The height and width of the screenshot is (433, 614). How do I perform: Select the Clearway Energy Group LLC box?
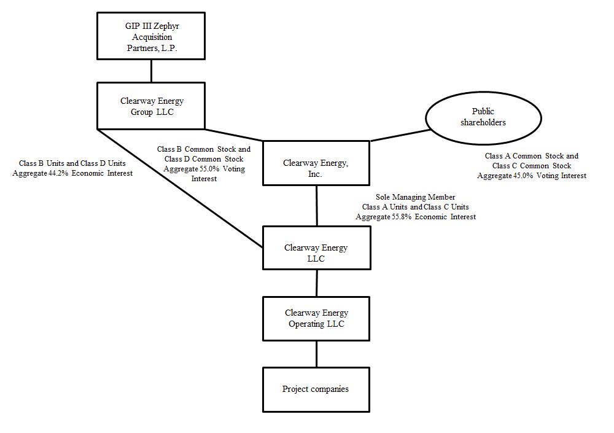pyautogui.click(x=151, y=106)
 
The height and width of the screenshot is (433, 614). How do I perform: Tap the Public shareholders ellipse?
pyautogui.click(x=483, y=117)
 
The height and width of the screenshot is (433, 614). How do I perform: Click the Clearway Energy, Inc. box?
pyautogui.click(x=316, y=163)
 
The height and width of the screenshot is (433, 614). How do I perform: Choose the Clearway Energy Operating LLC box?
pyautogui.click(x=316, y=318)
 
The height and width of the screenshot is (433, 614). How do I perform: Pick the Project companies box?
pyautogui.click(x=316, y=389)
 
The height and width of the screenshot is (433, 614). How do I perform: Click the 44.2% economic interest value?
pyautogui.click(x=58, y=173)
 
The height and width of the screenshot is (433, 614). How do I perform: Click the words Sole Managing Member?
pyautogui.click(x=416, y=197)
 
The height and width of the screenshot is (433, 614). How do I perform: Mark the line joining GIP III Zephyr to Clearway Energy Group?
pyautogui.click(x=151, y=71)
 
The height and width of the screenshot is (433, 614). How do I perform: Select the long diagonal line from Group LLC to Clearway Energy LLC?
pyautogui.click(x=178, y=187)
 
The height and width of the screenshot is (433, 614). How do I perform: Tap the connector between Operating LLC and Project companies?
pyautogui.click(x=316, y=354)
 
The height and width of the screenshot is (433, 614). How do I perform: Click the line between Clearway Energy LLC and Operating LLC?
pyautogui.click(x=316, y=283)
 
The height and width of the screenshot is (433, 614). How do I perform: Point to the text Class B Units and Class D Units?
pyautogui.click(x=72, y=164)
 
